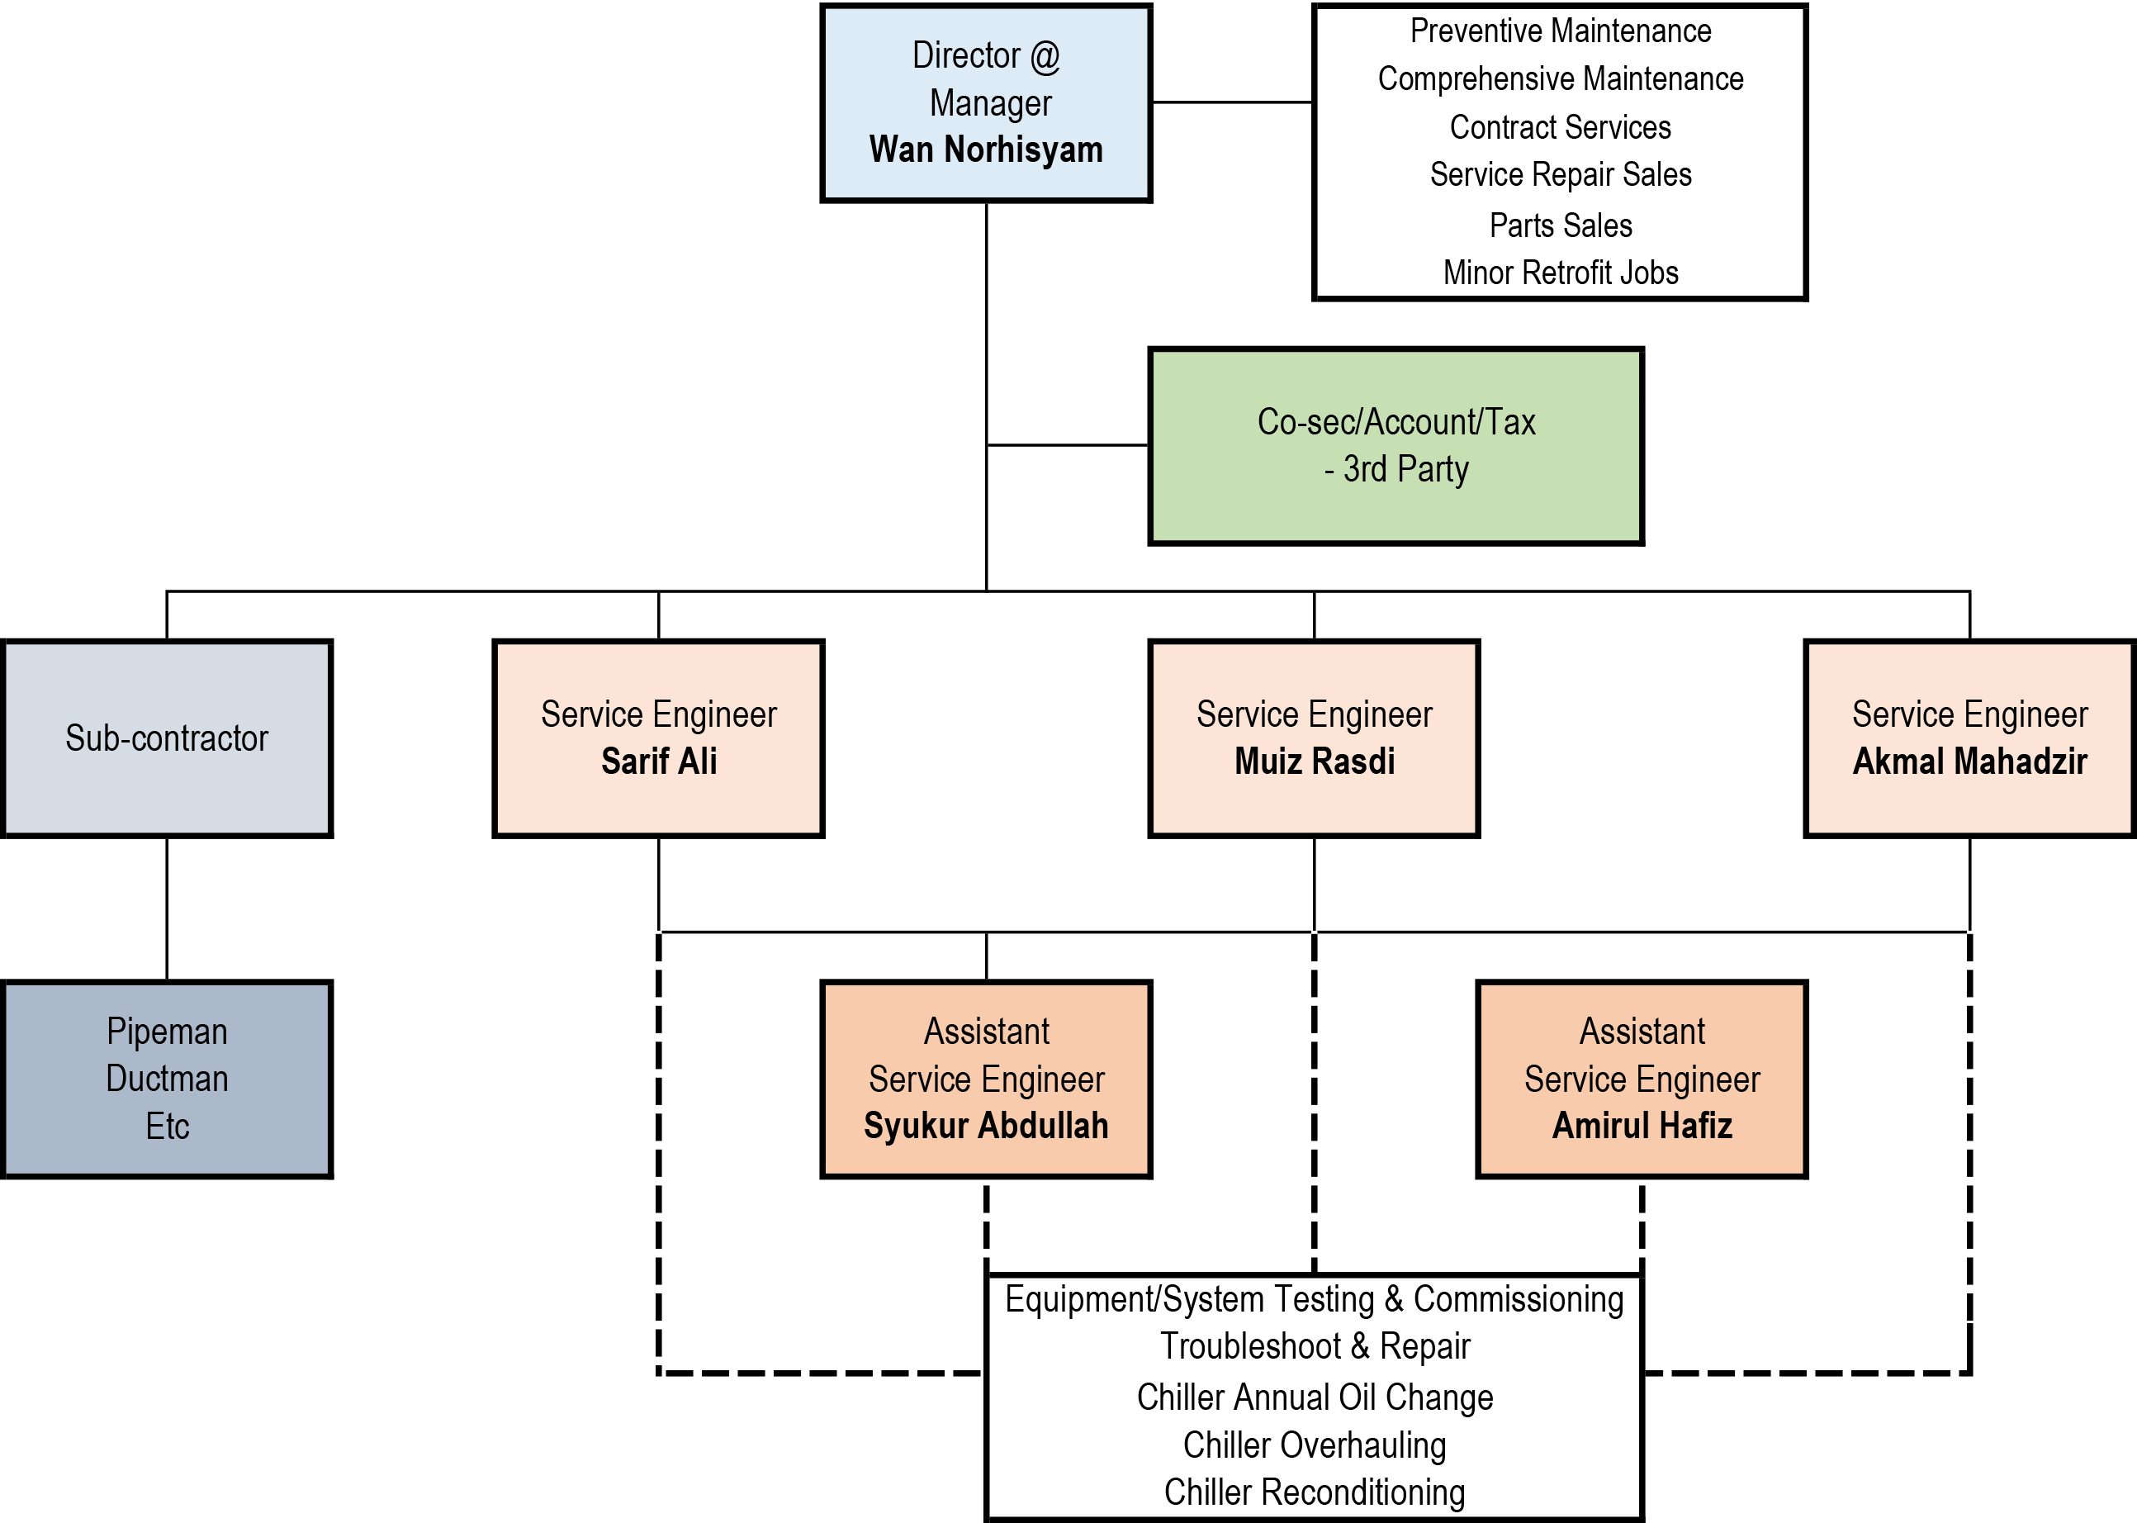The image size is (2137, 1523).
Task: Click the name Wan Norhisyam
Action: click(x=986, y=150)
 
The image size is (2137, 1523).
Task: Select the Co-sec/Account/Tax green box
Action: click(x=1395, y=445)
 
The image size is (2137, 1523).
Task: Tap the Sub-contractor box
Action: click(x=167, y=738)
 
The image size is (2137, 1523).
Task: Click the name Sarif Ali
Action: click(x=658, y=761)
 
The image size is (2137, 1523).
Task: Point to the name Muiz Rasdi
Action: click(x=1314, y=761)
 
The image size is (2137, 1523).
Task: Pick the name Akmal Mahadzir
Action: click(x=1969, y=761)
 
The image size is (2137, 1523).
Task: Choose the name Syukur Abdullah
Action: click(x=986, y=1126)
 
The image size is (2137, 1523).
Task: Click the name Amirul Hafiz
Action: click(x=1641, y=1126)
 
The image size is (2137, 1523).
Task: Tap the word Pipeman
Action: click(x=167, y=1032)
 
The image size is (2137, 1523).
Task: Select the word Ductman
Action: click(x=167, y=1079)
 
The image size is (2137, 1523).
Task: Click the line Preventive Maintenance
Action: click(x=1561, y=31)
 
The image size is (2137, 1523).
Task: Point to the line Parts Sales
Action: click(x=1561, y=225)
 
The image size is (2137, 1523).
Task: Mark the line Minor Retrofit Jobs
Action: click(x=1561, y=273)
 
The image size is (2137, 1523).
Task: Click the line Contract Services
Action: click(x=1561, y=127)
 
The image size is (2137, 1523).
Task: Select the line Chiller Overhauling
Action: click(x=1314, y=1445)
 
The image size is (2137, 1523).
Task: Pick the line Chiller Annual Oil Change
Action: click(x=1314, y=1397)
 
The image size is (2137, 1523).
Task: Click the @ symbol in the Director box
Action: click(x=1045, y=56)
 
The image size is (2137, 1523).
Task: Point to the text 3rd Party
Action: click(x=1405, y=469)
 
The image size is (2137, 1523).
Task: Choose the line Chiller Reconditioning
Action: click(x=1314, y=1492)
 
